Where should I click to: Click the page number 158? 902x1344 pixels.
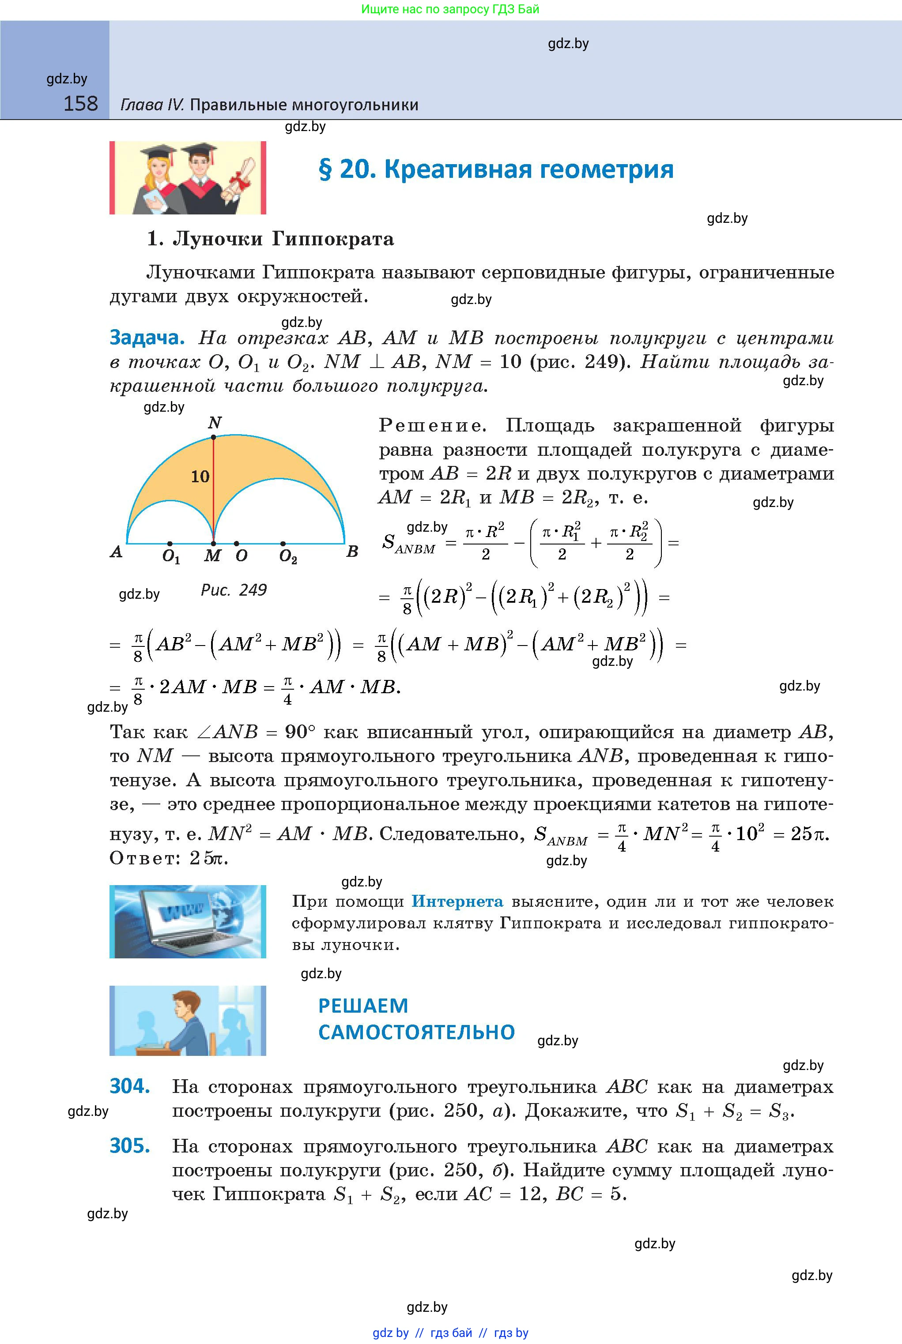click(x=80, y=104)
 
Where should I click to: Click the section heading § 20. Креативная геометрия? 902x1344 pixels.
click(x=496, y=169)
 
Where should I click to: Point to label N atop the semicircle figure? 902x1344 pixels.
click(x=214, y=423)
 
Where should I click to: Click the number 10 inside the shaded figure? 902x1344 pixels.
click(x=200, y=477)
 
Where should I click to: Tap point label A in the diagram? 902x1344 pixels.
click(x=116, y=552)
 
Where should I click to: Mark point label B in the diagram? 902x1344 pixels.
click(x=352, y=552)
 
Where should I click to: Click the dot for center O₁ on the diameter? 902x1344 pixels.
click(x=170, y=543)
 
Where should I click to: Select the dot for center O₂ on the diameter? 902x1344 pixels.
click(x=283, y=543)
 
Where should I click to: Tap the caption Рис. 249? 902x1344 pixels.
click(x=234, y=590)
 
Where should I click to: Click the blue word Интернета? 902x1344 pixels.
click(x=457, y=901)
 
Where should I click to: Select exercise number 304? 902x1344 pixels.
click(x=130, y=1086)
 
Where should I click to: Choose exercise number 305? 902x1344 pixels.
click(x=130, y=1146)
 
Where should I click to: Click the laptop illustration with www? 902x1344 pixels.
click(x=188, y=921)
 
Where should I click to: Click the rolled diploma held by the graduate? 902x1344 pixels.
click(x=241, y=178)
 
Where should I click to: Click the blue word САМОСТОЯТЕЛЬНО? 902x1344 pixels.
click(x=416, y=1032)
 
